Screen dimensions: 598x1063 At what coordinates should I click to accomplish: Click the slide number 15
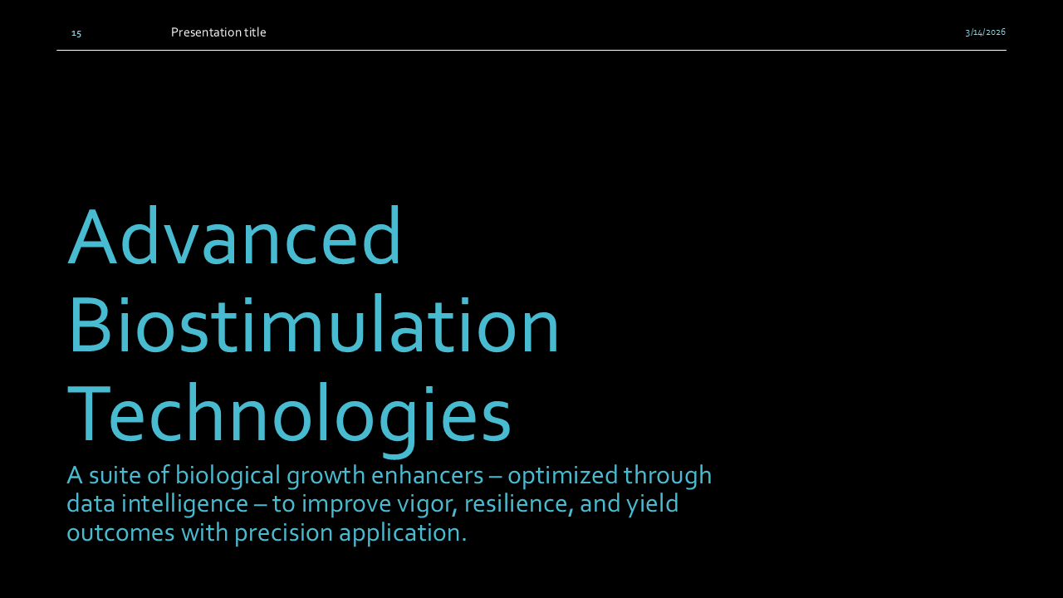(76, 33)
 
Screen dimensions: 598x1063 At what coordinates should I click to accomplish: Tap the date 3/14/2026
(985, 32)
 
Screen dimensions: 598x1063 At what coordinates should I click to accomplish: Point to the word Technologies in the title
(289, 415)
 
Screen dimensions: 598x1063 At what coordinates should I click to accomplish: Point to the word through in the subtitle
(668, 476)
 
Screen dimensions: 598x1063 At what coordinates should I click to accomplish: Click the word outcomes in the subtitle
(116, 533)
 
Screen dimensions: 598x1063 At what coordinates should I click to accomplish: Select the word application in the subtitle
(403, 533)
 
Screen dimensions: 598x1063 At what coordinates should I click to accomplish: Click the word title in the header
(255, 32)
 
